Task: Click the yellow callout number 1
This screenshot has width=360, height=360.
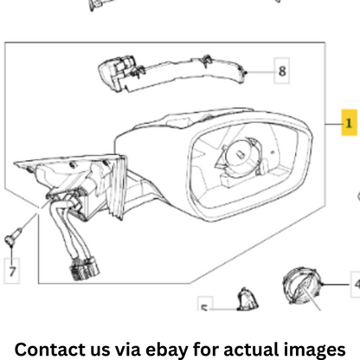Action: (349, 123)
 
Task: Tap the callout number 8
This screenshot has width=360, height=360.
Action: (282, 71)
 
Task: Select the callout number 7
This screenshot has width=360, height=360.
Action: (12, 271)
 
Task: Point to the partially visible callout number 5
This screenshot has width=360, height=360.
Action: (205, 304)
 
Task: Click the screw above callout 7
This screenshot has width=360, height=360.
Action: (12, 236)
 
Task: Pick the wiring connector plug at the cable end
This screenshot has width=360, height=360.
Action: (84, 269)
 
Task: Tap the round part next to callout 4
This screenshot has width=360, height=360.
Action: (302, 286)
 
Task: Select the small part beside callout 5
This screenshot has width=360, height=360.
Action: (247, 299)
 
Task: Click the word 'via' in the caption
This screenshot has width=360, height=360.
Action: (127, 350)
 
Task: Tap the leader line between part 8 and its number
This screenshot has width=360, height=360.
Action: (260, 72)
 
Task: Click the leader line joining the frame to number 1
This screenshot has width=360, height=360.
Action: (333, 125)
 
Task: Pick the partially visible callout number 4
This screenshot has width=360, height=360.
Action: (356, 284)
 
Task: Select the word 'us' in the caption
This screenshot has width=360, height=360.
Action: (100, 350)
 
